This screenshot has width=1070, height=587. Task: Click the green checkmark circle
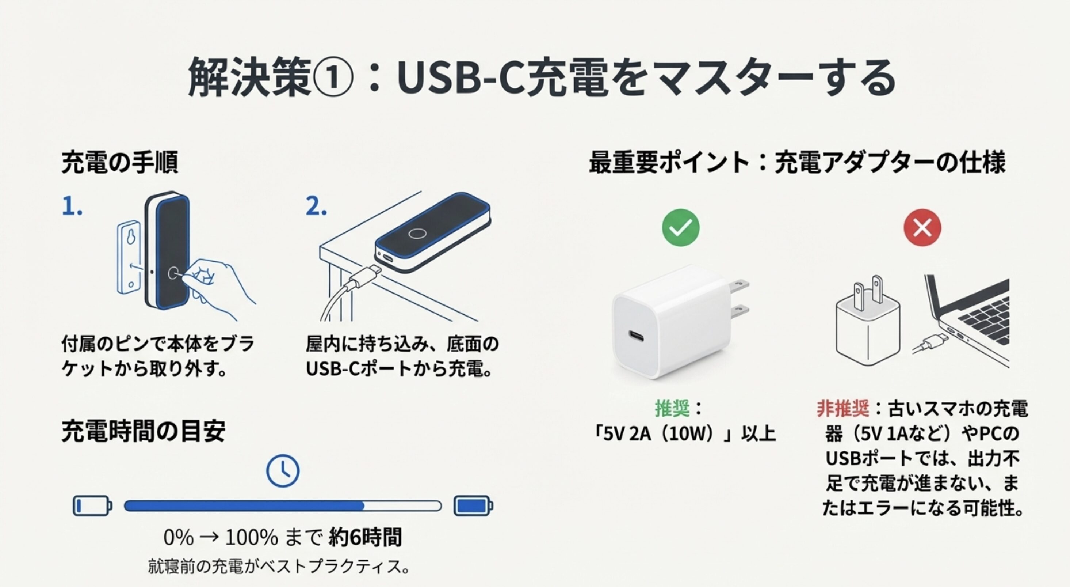(x=680, y=228)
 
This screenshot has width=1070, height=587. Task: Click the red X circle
(x=922, y=228)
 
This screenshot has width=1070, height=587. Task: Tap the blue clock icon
(x=282, y=471)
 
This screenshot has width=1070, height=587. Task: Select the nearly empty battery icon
(x=92, y=506)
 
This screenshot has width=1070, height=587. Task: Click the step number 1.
(x=72, y=207)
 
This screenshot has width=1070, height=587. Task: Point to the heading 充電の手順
(x=120, y=162)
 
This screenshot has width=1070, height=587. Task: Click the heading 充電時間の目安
(x=143, y=431)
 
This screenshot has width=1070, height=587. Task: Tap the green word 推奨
(x=672, y=408)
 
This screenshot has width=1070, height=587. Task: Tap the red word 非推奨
(x=843, y=408)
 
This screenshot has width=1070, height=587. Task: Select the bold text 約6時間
(x=365, y=537)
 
